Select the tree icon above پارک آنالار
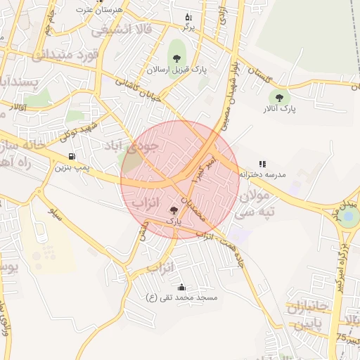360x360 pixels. pyautogui.click(x=280, y=98)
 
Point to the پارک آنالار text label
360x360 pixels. pyautogui.click(x=281, y=109)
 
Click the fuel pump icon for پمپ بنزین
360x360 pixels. pyautogui.click(x=72, y=156)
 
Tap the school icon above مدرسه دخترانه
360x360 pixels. pyautogui.click(x=262, y=163)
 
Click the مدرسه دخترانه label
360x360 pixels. pyautogui.click(x=262, y=174)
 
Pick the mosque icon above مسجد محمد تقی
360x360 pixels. pyautogui.click(x=181, y=287)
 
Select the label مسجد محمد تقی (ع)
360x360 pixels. pyautogui.click(x=181, y=298)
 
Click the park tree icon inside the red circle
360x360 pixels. pyautogui.click(x=174, y=210)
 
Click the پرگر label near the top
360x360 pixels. pyautogui.click(x=188, y=27)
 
